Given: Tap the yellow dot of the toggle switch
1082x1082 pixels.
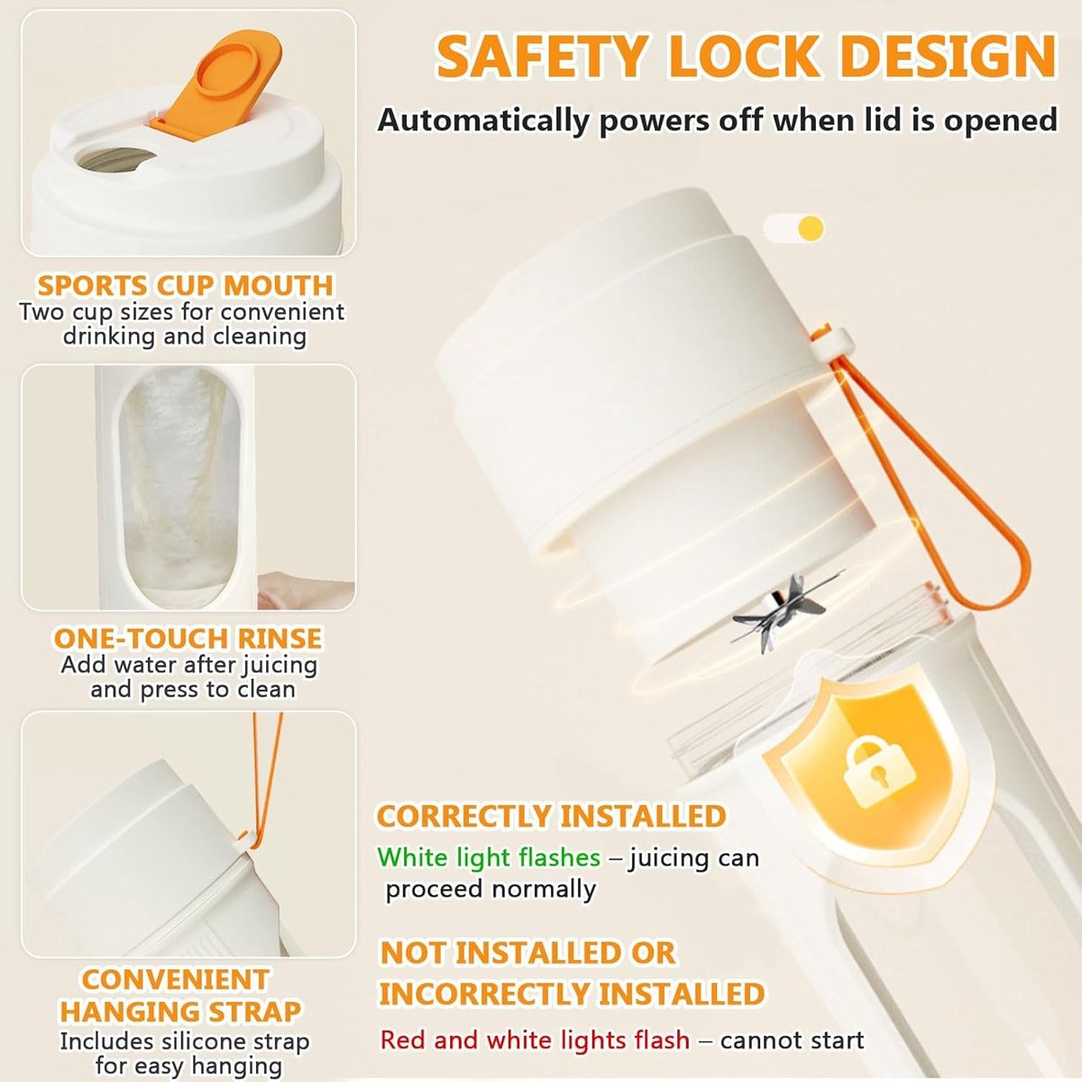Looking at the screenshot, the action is pyautogui.click(x=811, y=228).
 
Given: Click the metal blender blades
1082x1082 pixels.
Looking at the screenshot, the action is pyautogui.click(x=783, y=612).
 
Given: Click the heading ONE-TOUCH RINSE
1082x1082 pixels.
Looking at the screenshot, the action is pyautogui.click(x=188, y=638).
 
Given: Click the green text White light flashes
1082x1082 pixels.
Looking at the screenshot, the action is pyautogui.click(x=489, y=857).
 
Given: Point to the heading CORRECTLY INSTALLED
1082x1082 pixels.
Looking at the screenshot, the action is pyautogui.click(x=552, y=816).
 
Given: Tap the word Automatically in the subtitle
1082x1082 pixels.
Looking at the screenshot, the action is pyautogui.click(x=484, y=121).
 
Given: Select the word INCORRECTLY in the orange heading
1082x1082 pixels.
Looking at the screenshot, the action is pyautogui.click(x=484, y=994).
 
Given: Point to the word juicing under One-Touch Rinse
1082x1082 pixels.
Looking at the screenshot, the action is pyautogui.click(x=280, y=666).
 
